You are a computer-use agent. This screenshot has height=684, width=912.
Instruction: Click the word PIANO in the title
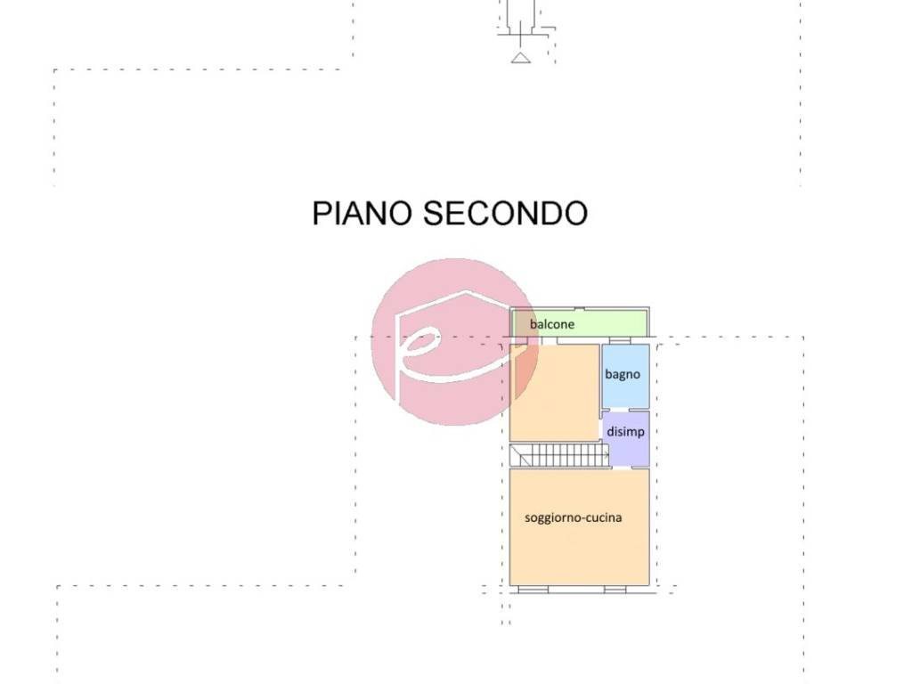(x=362, y=213)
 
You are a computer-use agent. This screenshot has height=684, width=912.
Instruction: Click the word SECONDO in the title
(x=505, y=213)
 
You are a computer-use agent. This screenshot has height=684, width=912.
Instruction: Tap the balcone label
(x=552, y=324)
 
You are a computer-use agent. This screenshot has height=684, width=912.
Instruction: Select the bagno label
(x=623, y=374)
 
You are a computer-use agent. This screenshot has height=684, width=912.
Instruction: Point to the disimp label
(x=625, y=432)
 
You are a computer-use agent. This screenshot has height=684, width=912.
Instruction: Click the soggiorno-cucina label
(x=573, y=517)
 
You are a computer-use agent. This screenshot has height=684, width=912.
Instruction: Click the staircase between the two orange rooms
(x=559, y=455)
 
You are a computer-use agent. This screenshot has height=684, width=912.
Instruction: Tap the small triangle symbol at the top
(x=520, y=57)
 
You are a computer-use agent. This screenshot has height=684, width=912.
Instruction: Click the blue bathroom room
(x=625, y=376)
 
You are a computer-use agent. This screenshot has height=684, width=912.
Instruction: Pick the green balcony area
(x=579, y=322)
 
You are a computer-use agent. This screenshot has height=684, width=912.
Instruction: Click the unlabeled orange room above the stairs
(x=554, y=393)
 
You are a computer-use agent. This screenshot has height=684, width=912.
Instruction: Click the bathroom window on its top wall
(x=620, y=339)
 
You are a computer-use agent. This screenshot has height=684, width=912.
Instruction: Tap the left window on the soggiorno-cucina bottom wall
(x=533, y=590)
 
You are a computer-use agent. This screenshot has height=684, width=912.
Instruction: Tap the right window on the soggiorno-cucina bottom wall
(x=615, y=590)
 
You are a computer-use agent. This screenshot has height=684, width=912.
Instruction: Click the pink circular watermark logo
(x=455, y=342)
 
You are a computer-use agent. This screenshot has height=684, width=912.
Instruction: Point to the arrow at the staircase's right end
(x=606, y=454)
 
